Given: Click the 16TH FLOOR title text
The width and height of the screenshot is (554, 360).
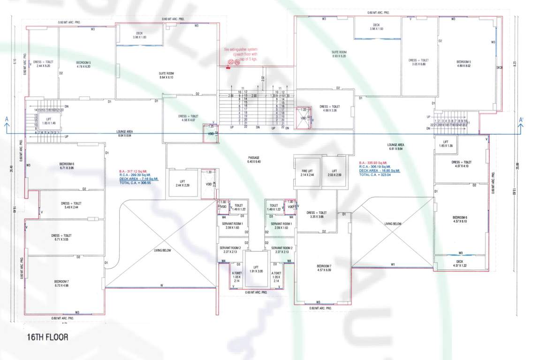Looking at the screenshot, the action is (x=47, y=337).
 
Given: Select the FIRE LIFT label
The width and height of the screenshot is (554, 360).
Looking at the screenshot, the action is (x=307, y=172).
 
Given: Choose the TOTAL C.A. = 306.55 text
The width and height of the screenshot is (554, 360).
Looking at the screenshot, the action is (x=133, y=183).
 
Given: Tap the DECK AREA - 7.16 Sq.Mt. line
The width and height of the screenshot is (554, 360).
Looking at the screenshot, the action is (x=139, y=179).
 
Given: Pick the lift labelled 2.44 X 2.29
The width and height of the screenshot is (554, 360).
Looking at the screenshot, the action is (x=182, y=184).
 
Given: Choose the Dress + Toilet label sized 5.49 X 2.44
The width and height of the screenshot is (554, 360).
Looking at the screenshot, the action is (x=71, y=205).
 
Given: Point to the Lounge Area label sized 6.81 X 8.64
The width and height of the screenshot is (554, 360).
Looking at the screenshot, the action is (x=396, y=147).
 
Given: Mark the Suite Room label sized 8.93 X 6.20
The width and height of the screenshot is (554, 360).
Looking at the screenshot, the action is (x=339, y=54).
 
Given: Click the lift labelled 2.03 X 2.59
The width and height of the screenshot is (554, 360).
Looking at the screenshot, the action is (x=334, y=172).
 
